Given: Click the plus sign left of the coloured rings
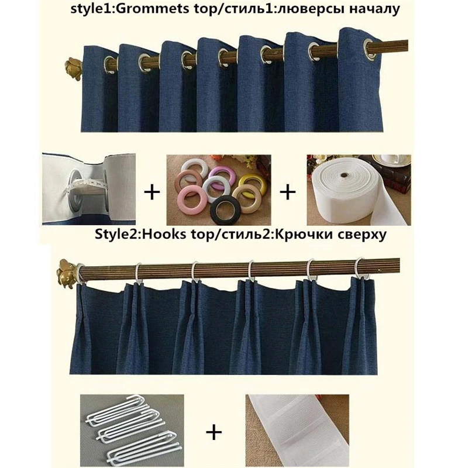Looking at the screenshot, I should click(x=152, y=192).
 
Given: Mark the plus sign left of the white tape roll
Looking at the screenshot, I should click(x=288, y=192).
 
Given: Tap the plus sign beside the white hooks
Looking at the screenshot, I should click(x=215, y=432).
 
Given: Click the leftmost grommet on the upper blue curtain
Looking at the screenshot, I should click(x=110, y=60).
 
